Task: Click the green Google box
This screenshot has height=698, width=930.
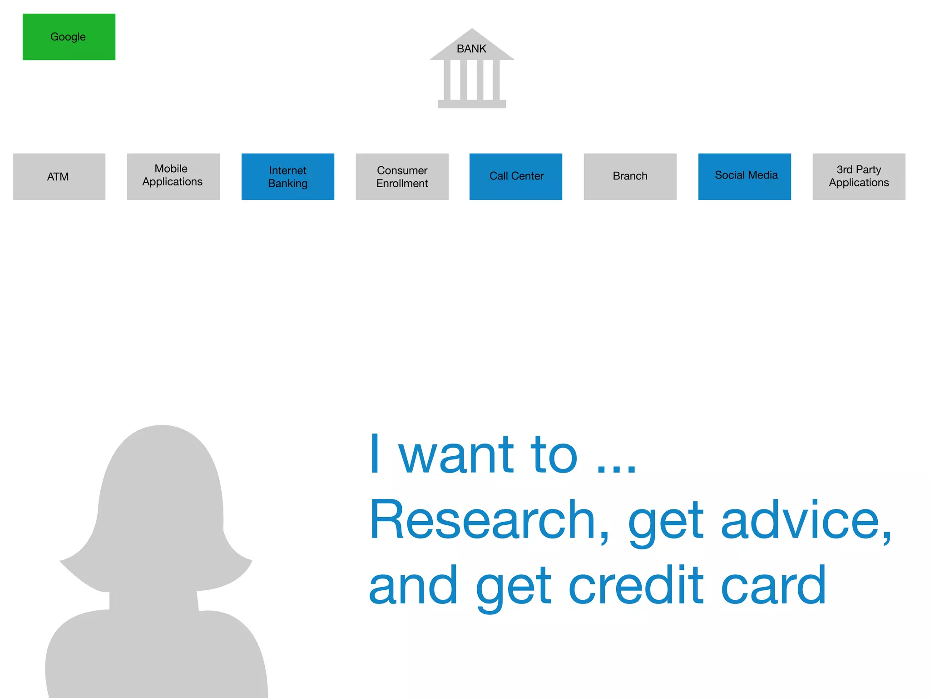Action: [x=69, y=37]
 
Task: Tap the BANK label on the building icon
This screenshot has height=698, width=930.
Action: [x=471, y=49]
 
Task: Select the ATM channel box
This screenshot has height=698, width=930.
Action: [x=59, y=176]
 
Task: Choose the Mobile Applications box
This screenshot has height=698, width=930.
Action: [x=173, y=176]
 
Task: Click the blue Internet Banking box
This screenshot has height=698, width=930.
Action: [x=288, y=176]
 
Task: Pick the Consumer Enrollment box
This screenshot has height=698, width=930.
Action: [x=402, y=176]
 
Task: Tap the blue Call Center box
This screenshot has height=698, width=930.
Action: [x=516, y=176]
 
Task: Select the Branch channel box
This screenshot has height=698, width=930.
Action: [x=630, y=176]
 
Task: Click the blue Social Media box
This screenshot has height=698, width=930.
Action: [x=745, y=176]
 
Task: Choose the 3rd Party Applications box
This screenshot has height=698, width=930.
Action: [x=859, y=176]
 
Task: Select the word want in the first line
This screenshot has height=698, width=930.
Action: [x=456, y=455]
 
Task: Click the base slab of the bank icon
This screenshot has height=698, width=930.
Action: [x=471, y=104]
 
